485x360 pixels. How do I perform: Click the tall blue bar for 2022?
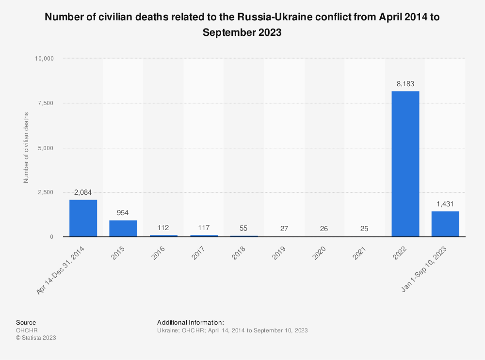[x=405, y=164]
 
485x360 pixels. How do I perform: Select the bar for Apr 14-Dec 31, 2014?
[x=83, y=218]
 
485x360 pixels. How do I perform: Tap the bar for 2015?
[x=123, y=229]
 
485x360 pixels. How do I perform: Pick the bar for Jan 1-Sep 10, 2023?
[x=445, y=224]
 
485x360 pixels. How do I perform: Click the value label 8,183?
[x=405, y=84]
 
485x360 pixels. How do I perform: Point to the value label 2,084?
[x=83, y=192]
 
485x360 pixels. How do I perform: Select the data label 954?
[x=123, y=213]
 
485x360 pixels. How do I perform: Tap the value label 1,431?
[x=445, y=204]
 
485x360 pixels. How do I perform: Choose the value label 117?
[x=204, y=228]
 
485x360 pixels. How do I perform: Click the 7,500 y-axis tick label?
[x=45, y=103]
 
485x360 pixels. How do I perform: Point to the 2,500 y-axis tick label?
[x=45, y=192]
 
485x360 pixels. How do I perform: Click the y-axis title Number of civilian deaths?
[x=26, y=147]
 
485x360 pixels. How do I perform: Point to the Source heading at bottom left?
[x=26, y=322]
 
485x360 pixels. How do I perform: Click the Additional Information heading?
[x=191, y=322]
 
